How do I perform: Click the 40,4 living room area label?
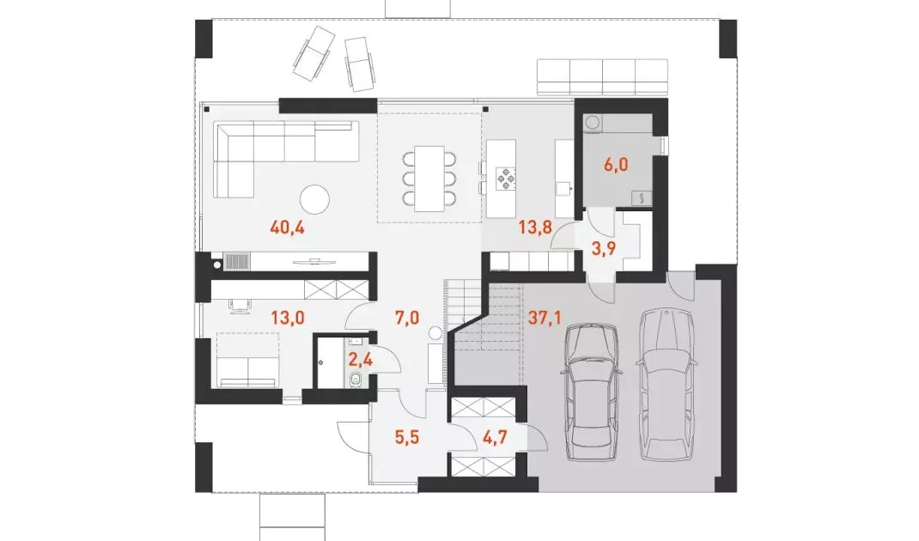point(287,228)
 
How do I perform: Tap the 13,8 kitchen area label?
point(535,226)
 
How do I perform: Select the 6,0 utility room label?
point(616,165)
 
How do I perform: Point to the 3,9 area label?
point(603,249)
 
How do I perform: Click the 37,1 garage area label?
point(545,318)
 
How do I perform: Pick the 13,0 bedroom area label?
point(287,318)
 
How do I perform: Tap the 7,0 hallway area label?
point(407,318)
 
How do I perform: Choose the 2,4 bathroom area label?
point(361,359)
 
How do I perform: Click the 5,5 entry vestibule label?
point(407,437)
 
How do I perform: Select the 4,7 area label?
point(495,437)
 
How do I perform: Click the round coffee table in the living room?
point(314,200)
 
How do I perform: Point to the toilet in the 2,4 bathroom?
point(356,380)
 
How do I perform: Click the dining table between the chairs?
point(429,179)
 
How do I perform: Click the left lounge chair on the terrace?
point(314,53)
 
